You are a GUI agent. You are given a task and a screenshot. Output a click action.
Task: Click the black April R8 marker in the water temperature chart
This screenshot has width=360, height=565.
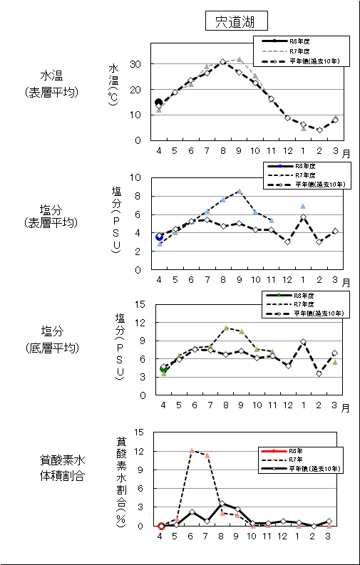[x=159, y=103]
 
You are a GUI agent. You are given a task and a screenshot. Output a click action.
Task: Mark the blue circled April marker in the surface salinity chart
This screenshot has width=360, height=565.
[x=160, y=237]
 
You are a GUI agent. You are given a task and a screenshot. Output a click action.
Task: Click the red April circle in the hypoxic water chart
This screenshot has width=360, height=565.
[x=161, y=526]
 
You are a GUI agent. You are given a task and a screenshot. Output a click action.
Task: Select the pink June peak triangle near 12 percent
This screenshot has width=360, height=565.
[x=192, y=450]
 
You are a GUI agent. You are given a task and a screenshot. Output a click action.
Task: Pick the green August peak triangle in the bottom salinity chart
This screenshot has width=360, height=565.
[x=225, y=328]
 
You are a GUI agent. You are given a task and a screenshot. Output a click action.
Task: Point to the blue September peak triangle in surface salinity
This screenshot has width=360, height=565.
[x=240, y=191]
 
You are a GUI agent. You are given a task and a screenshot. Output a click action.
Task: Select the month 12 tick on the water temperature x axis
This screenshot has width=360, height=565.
[x=287, y=152]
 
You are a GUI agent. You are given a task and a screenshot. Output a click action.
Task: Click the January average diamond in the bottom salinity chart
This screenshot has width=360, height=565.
[x=303, y=342]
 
